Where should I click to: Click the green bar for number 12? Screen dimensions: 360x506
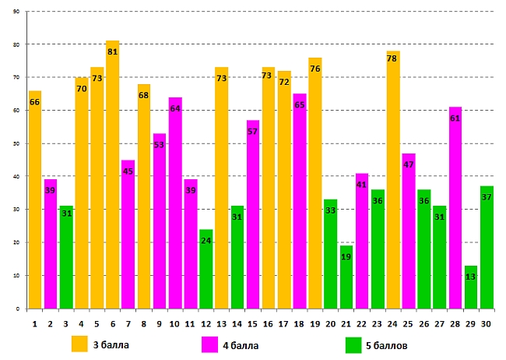coord(206,269)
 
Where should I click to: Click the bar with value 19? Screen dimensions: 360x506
coord(346,277)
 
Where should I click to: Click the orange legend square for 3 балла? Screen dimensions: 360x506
coord(79,344)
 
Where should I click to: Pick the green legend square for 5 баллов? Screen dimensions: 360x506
coord(354,344)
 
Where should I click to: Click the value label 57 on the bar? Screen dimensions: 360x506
coord(253,132)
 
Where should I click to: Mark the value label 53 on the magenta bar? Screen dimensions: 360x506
coord(159,145)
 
